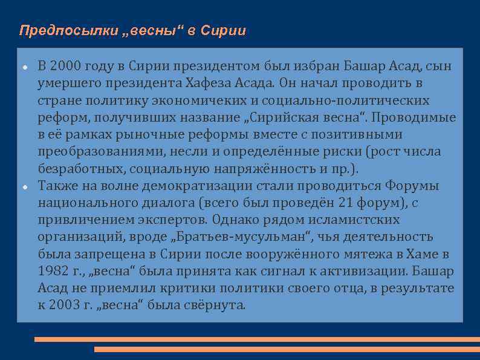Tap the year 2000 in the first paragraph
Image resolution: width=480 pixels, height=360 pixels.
click(67, 66)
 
